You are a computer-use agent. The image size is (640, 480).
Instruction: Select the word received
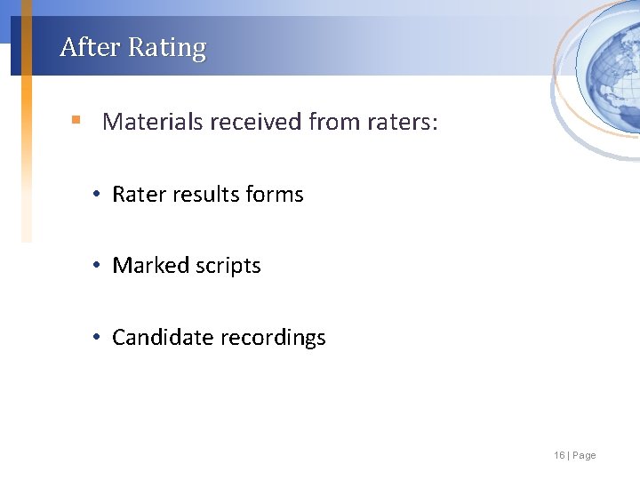(256, 121)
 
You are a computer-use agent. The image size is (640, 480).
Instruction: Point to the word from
(334, 121)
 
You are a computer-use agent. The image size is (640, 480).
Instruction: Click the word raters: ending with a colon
(403, 121)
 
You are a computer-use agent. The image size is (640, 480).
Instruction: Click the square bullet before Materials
(77, 119)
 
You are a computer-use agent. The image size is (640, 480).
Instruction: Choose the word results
(206, 195)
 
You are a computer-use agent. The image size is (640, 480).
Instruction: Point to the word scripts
(229, 267)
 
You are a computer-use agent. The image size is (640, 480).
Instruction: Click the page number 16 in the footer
(559, 455)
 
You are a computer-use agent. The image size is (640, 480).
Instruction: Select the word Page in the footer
(585, 455)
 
